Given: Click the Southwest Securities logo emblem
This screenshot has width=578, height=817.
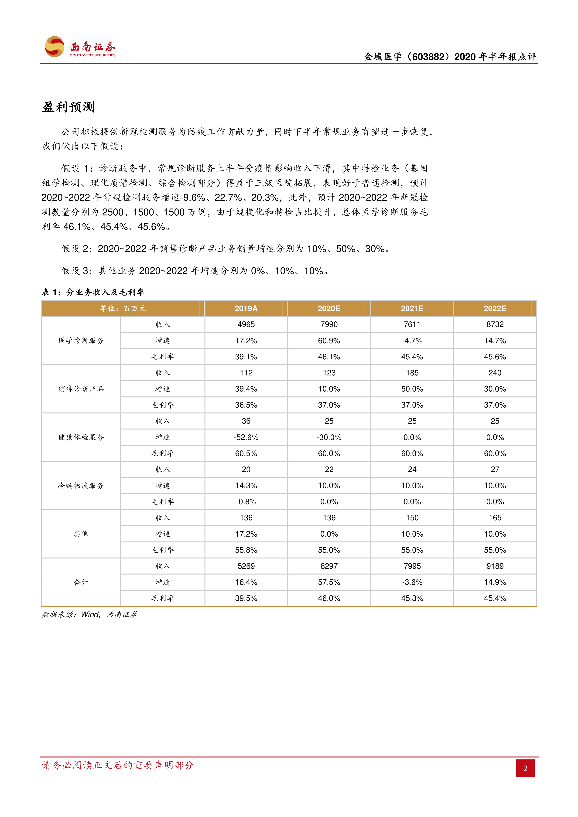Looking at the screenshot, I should click(55, 47).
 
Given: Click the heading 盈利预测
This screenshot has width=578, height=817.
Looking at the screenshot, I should click(69, 107).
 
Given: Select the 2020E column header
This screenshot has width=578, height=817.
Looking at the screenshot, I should click(329, 309).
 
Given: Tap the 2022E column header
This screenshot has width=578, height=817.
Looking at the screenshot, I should click(495, 309).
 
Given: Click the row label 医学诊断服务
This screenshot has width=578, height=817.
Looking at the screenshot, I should click(81, 340).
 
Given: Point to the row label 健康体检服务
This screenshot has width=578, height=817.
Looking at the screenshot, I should click(81, 437).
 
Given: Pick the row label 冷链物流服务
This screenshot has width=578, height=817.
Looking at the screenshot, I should click(81, 486).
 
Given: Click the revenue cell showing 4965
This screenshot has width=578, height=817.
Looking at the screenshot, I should click(246, 324).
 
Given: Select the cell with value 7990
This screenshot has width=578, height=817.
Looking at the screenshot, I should click(329, 324).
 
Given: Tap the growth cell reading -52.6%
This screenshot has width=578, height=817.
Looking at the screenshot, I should click(246, 437).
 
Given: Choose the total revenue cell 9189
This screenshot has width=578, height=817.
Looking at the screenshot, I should click(495, 566).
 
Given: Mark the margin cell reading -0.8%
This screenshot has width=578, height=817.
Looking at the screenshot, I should click(246, 502).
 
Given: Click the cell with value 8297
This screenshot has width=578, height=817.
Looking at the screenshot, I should click(329, 566).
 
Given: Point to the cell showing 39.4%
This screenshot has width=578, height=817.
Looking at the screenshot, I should click(246, 389).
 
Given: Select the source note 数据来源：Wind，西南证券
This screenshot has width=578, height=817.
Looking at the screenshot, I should click(89, 615).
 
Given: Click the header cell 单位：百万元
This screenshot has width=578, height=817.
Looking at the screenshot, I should click(123, 309).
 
